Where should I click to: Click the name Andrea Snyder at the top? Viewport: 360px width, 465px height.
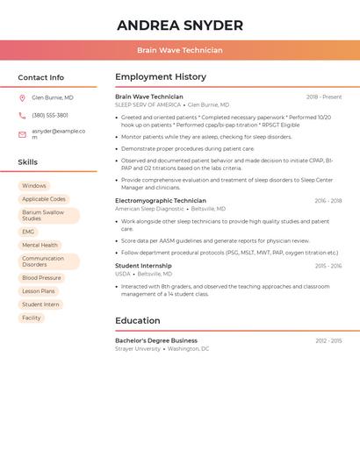click(x=180, y=25)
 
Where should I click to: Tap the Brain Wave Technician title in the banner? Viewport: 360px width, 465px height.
click(x=180, y=51)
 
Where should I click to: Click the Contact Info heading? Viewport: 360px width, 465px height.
click(x=41, y=77)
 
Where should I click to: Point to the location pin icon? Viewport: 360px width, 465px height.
click(x=22, y=98)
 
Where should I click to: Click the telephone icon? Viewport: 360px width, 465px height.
click(x=22, y=116)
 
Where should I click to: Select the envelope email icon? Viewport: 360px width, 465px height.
click(x=22, y=134)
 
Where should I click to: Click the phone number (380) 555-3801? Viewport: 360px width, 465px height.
click(x=50, y=116)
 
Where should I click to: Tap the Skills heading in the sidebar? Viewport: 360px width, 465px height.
click(x=28, y=162)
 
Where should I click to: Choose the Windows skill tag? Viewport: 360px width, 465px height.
click(x=34, y=186)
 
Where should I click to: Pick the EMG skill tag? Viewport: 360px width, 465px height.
click(x=29, y=232)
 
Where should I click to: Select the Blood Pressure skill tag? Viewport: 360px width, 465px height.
click(x=42, y=278)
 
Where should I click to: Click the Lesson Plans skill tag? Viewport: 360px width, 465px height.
click(x=39, y=291)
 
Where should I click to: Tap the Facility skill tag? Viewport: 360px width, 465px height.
click(x=32, y=318)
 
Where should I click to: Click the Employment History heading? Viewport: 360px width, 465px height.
click(x=161, y=77)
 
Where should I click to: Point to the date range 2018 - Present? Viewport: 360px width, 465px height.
click(x=324, y=97)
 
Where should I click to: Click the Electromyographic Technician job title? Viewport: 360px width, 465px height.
click(x=161, y=201)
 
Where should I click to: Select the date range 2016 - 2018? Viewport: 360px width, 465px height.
click(x=328, y=201)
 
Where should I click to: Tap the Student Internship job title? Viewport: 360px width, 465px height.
click(x=143, y=266)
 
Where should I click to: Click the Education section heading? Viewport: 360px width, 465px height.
click(x=138, y=321)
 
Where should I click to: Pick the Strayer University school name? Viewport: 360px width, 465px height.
click(x=138, y=349)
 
